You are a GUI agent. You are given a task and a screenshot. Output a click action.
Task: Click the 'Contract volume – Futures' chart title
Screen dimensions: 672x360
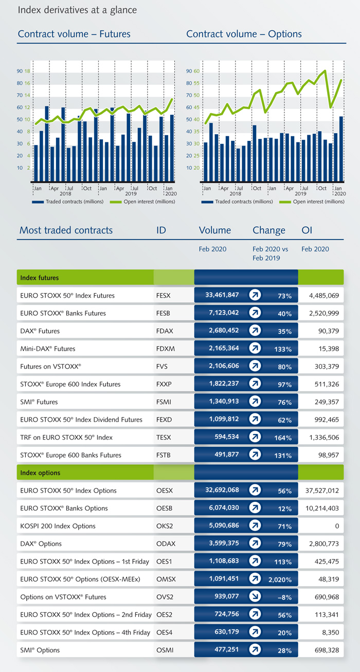tap(74, 34)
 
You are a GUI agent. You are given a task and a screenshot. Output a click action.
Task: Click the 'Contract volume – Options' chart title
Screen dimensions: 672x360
tap(244, 34)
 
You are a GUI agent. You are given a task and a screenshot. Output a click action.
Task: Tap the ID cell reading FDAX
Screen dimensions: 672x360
tap(165, 331)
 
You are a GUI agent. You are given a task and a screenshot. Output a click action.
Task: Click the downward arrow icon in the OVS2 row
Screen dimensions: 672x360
tap(255, 597)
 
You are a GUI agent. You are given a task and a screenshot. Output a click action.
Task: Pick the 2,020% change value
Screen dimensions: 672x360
tap(280, 580)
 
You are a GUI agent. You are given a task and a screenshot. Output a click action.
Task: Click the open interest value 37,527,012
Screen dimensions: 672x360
tap(319, 491)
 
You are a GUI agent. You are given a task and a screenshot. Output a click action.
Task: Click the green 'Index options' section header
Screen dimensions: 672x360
tap(40, 473)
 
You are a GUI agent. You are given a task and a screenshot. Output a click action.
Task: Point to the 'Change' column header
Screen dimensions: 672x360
tap(268, 230)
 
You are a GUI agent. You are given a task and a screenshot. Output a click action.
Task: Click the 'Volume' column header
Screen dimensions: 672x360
tap(215, 230)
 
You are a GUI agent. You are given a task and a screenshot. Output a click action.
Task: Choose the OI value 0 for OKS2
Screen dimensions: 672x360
tap(336, 526)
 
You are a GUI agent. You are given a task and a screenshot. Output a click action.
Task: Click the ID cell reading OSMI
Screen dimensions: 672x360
tap(165, 650)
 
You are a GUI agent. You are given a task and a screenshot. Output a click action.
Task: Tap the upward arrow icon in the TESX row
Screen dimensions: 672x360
tap(255, 438)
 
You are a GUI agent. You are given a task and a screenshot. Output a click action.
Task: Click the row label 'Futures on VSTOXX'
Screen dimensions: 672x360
tap(50, 367)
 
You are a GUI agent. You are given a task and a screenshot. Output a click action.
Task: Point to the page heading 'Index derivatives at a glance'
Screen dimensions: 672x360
tap(78, 10)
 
